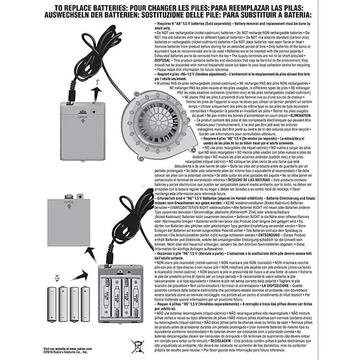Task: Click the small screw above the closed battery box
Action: pyautogui.click(x=99, y=81)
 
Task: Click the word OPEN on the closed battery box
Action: pyautogui.click(x=83, y=117)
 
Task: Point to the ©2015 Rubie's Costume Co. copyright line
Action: pyautogui.click(x=66, y=352)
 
